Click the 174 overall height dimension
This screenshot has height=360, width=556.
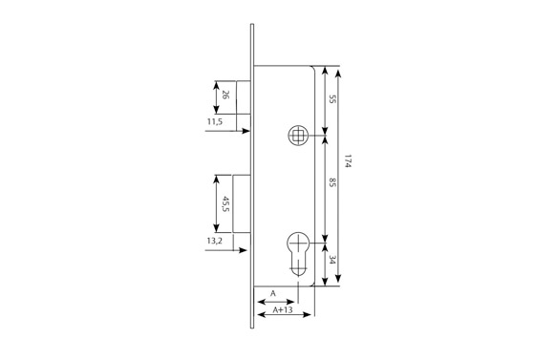click(348, 161)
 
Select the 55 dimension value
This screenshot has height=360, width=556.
click(331, 99)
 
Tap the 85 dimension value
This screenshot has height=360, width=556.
click(331, 182)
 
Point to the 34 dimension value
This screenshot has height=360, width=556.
click(331, 260)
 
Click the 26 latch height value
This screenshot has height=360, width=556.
click(225, 95)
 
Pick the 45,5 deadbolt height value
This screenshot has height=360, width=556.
click(225, 203)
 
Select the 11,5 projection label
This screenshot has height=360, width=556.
click(215, 122)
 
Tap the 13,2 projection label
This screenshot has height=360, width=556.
click(215, 241)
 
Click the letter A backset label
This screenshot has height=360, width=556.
click(273, 293)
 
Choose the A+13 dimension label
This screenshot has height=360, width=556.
click(283, 309)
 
